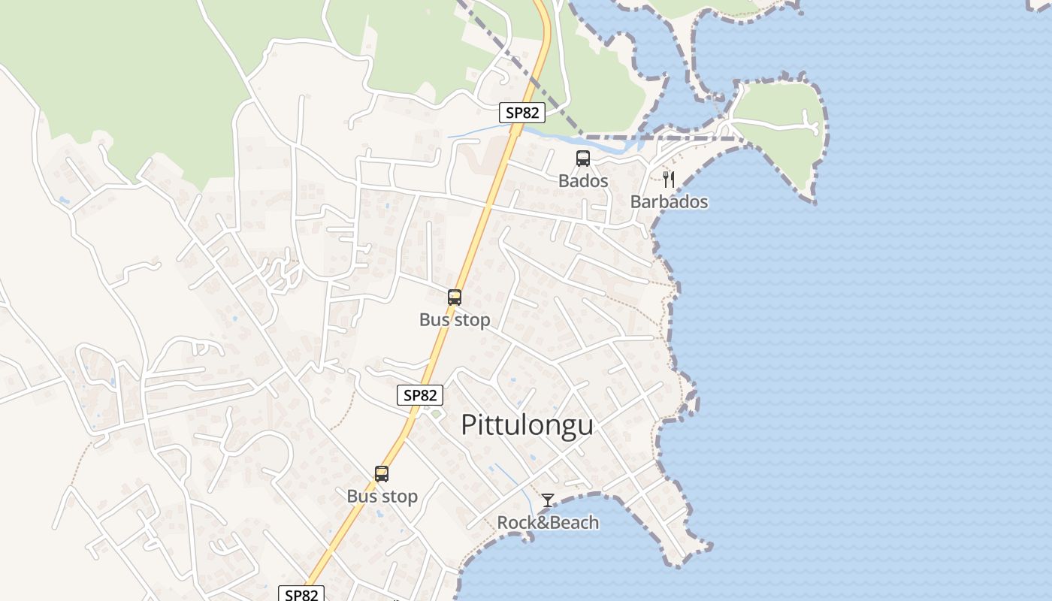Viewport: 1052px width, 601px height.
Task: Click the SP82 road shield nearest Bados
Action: (x=521, y=113)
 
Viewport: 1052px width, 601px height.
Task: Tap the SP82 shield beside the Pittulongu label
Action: (x=419, y=395)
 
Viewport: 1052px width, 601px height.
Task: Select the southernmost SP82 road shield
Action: (x=302, y=594)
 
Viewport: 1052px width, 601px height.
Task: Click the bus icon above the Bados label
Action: (x=583, y=159)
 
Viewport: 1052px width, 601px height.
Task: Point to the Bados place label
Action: (x=583, y=181)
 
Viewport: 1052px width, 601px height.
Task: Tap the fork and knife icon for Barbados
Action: (x=669, y=179)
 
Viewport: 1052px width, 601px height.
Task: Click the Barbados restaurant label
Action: (x=669, y=201)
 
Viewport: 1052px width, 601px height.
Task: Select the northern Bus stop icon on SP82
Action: (x=455, y=297)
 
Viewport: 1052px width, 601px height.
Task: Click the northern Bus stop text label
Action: (x=455, y=319)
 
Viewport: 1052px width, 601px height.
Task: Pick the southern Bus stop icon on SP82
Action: (x=382, y=474)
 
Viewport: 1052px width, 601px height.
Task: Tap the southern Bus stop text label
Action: (x=382, y=497)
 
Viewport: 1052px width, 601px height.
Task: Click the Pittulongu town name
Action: (x=527, y=425)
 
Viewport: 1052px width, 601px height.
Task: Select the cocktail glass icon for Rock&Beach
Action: (x=548, y=500)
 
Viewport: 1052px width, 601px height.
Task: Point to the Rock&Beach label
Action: (x=548, y=522)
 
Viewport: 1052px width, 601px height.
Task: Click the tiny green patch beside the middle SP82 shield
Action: (x=436, y=414)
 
